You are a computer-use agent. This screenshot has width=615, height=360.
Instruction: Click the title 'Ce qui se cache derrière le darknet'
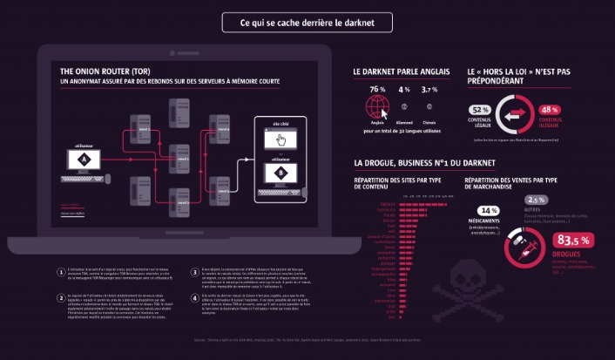coord(307,23)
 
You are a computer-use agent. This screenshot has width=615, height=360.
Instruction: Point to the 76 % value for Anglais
coord(377,90)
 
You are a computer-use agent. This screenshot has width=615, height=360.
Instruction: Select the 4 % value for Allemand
coord(404,90)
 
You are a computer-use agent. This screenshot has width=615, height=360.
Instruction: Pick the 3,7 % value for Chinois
coord(430,90)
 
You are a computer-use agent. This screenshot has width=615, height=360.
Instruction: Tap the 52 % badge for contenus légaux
coord(480,110)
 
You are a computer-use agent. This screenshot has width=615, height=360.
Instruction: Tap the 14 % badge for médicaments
coord(488,211)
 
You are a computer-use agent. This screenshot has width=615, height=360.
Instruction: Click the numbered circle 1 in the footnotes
coord(60,271)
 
